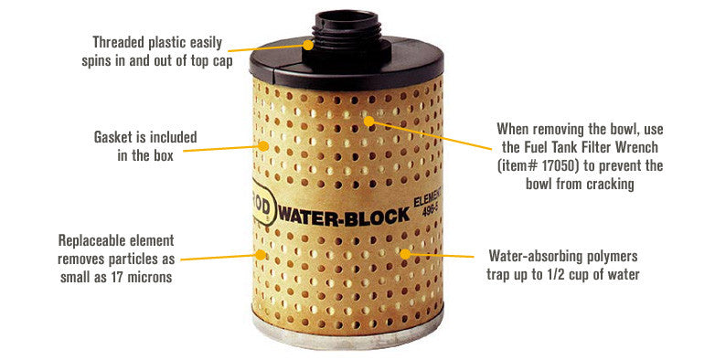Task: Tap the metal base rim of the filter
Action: [347, 335]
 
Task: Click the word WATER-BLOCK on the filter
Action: [344, 216]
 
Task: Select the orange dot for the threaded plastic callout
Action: [309, 45]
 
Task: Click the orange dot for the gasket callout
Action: [263, 146]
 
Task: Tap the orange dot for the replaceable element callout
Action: [261, 255]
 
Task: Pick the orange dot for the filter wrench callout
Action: [368, 121]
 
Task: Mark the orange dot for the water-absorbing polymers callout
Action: [405, 254]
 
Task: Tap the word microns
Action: [150, 277]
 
